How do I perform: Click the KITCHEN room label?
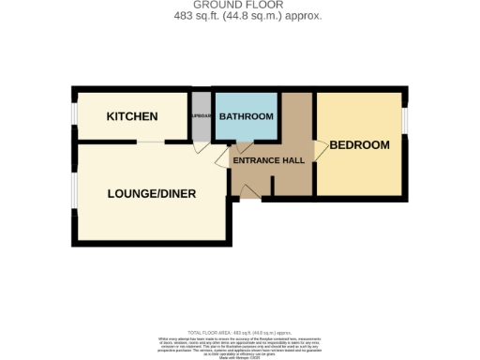pyautogui.click(x=132, y=116)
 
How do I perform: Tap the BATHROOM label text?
pyautogui.click(x=246, y=116)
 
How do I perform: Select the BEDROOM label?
pyautogui.click(x=359, y=145)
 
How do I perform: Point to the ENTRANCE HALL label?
pyautogui.click(x=268, y=161)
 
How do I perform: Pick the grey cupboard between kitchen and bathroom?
pyautogui.click(x=202, y=116)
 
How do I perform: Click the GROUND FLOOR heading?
pyautogui.click(x=240, y=6)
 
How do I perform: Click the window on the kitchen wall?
pyautogui.click(x=74, y=116)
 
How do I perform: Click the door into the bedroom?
pyautogui.click(x=321, y=147)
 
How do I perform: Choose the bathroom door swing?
pyautogui.click(x=242, y=146)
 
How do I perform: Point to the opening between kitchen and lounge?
pyautogui.click(x=149, y=142)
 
